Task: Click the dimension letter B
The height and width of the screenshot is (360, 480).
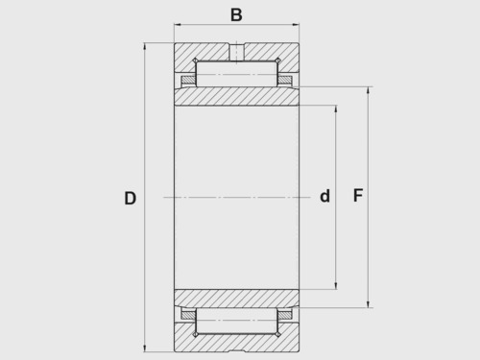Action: click(x=236, y=14)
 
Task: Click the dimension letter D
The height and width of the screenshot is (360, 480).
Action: click(x=131, y=198)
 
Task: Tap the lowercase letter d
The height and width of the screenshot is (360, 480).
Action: click(x=324, y=196)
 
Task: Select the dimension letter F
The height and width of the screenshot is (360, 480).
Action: click(x=358, y=195)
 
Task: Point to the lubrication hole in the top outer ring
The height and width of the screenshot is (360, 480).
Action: click(x=237, y=52)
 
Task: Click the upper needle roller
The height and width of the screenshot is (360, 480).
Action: click(x=236, y=74)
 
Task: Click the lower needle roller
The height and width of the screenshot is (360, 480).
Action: click(x=236, y=321)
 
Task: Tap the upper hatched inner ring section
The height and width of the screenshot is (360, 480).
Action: click(x=236, y=96)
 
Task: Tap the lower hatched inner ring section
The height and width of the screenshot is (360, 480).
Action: click(x=236, y=299)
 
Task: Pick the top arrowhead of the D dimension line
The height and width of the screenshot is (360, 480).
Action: click(x=145, y=46)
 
